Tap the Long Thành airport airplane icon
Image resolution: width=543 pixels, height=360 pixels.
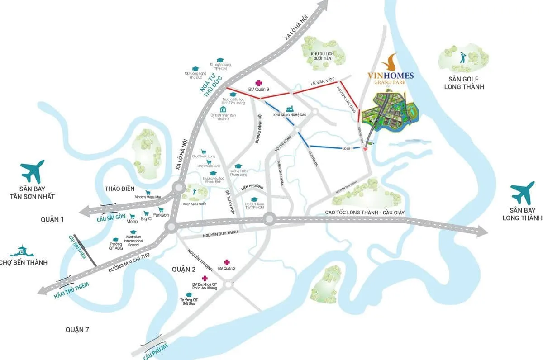[x=524, y=192]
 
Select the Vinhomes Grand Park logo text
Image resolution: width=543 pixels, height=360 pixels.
[x=391, y=76]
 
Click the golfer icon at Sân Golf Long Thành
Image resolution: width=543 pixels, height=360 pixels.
[x=462, y=58]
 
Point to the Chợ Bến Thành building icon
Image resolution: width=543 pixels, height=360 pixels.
[x=22, y=250]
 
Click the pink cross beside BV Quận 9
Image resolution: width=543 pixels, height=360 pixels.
[x=258, y=83]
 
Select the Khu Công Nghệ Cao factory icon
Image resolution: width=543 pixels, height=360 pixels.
[x=290, y=109]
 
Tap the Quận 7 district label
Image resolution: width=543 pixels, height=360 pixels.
[x=77, y=329]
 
